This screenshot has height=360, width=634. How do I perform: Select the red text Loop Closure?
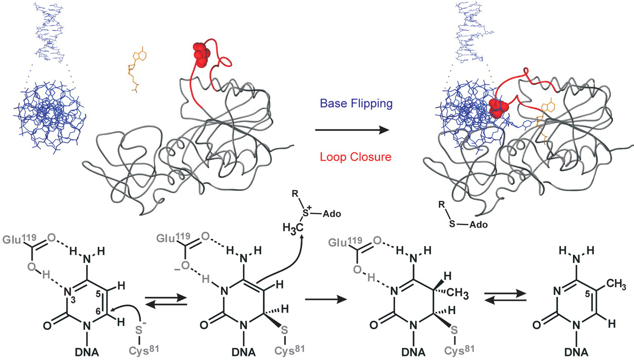coord(353,157)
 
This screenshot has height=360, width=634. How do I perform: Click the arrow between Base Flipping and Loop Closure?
coord(352,130)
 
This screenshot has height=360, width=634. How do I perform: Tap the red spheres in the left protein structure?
coord(201,55)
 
